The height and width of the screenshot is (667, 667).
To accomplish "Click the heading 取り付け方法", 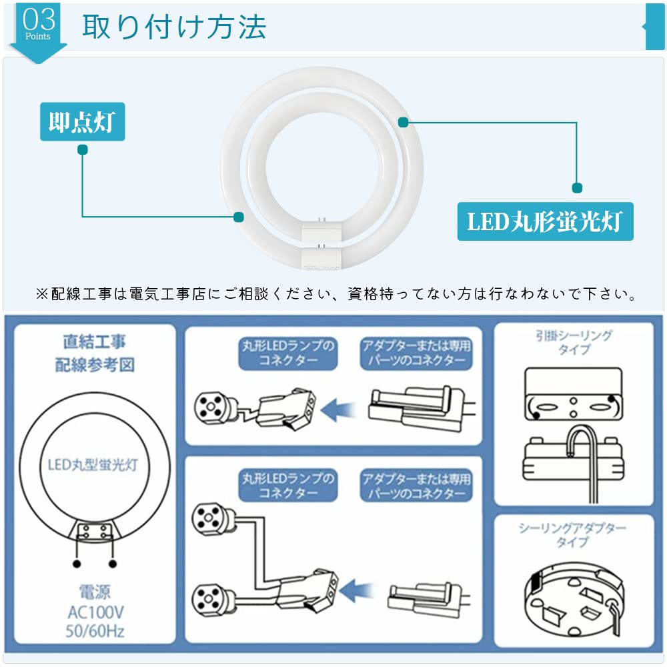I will (174, 27).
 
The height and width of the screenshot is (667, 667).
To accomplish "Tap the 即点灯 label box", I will (82, 122).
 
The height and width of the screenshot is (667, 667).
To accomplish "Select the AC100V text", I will (94, 612).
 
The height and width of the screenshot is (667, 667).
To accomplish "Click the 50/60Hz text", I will (94, 631).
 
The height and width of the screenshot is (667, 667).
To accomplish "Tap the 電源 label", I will (94, 592).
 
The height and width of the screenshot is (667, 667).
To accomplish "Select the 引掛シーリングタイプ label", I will (574, 342).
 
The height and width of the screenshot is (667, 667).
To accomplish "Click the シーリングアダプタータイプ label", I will (573, 534).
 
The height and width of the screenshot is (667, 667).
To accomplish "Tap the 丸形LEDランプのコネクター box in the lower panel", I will (287, 486).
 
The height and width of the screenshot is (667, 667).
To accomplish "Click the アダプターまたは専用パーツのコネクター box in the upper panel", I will (416, 354).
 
